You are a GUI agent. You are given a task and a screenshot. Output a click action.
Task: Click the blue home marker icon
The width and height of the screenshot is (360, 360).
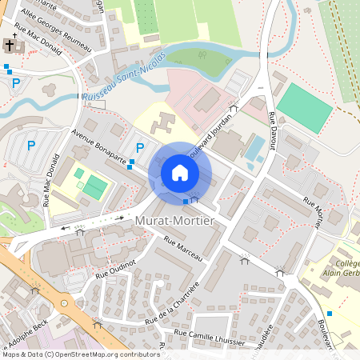pos(180,173)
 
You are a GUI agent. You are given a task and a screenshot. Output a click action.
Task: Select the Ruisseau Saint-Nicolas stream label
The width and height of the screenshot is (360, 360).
pos(124,77)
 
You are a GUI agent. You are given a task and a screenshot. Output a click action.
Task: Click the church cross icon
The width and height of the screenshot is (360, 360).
pos(10,46)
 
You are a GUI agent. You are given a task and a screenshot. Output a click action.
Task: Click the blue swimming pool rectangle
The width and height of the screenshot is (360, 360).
pos(255,149)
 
